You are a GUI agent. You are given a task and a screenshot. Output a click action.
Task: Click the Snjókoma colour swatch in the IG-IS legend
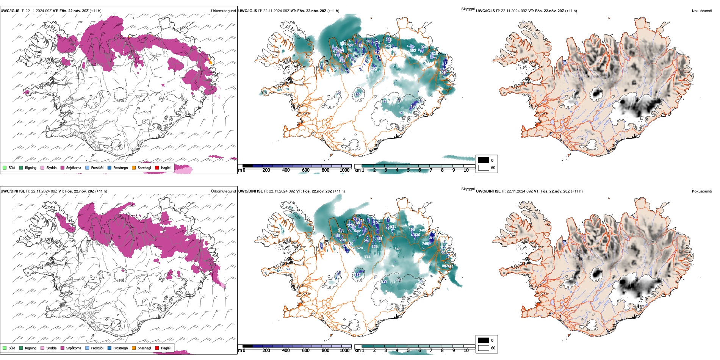click(x=62, y=167)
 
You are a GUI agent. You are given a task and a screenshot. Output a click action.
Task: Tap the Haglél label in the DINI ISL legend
click(x=166, y=348)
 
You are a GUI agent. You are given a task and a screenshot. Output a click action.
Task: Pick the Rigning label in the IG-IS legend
click(x=31, y=167)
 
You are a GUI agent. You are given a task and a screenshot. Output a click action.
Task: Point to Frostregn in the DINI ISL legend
click(x=121, y=348)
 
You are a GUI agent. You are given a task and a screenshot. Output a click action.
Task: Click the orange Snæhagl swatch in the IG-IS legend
click(x=134, y=167)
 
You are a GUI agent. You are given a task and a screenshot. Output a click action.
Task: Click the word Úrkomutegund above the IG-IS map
click(x=223, y=11)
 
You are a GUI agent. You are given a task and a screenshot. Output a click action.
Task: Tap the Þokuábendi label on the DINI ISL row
click(x=702, y=191)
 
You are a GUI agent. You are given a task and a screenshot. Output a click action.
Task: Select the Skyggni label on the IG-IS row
click(x=468, y=9)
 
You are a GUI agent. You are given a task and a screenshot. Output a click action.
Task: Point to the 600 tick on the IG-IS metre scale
click(x=306, y=170)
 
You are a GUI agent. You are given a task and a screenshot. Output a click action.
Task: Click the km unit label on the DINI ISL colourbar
click(x=357, y=351)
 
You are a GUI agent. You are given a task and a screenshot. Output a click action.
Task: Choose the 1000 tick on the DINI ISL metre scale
click(x=344, y=351)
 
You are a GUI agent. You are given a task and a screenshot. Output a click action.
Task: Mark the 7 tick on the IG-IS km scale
click(x=431, y=170)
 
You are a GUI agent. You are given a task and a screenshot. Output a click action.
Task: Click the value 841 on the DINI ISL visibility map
click(x=398, y=249)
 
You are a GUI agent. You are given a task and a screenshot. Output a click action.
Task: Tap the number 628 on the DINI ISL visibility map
click(x=360, y=248)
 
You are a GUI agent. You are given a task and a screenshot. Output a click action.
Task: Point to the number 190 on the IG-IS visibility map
click(x=358, y=94)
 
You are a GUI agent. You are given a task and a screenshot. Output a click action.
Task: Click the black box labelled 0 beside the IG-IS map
click(x=484, y=160)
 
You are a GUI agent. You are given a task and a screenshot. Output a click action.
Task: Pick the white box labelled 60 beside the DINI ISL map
click(x=484, y=348)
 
